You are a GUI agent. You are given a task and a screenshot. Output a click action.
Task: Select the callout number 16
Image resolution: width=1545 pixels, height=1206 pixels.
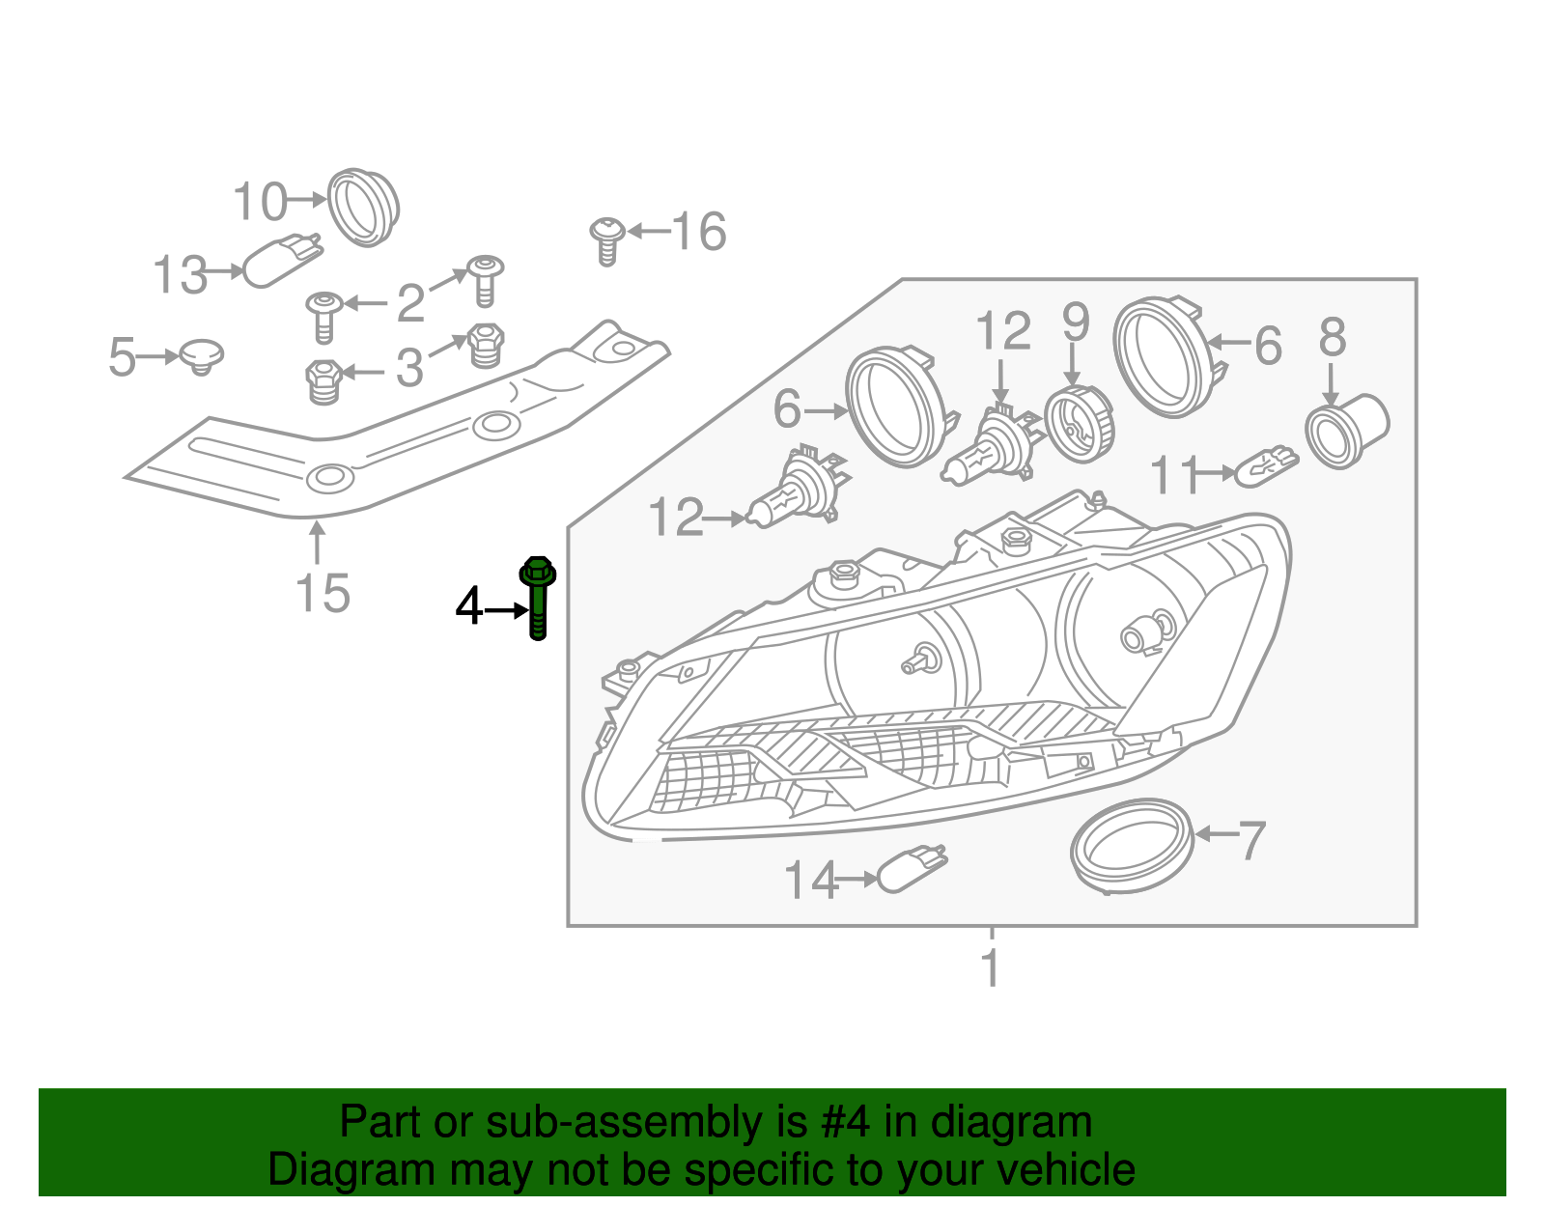(x=698, y=233)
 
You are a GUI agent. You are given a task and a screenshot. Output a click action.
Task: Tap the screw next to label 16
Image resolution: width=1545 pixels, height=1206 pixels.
(x=606, y=239)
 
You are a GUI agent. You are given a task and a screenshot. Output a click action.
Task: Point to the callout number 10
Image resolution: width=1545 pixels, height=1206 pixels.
(x=260, y=202)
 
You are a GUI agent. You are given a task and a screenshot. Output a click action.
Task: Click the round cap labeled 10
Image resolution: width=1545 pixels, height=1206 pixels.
(x=363, y=208)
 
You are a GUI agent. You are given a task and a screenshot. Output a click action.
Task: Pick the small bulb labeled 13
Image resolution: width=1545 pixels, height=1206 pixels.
(x=280, y=261)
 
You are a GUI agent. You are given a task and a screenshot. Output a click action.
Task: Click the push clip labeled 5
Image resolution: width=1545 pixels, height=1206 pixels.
(x=202, y=356)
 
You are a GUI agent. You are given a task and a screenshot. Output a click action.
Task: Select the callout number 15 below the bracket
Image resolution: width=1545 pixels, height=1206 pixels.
(x=323, y=593)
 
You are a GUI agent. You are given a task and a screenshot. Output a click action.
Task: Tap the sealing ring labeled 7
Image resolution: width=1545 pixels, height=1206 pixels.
(x=1132, y=845)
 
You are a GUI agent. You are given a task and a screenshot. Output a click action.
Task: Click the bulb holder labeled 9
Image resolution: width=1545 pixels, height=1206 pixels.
(x=1080, y=424)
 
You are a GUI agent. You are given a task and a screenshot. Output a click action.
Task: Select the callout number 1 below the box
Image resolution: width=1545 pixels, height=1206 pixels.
(x=991, y=968)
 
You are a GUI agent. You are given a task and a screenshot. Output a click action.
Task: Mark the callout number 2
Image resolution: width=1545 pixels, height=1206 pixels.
(x=410, y=304)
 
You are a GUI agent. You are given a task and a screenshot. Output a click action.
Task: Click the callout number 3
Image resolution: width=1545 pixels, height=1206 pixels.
(x=409, y=369)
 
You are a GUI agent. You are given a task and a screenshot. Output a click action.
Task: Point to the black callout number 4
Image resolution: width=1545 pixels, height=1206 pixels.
(x=468, y=607)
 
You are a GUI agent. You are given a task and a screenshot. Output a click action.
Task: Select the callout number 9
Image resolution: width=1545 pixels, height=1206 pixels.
(x=1075, y=323)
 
